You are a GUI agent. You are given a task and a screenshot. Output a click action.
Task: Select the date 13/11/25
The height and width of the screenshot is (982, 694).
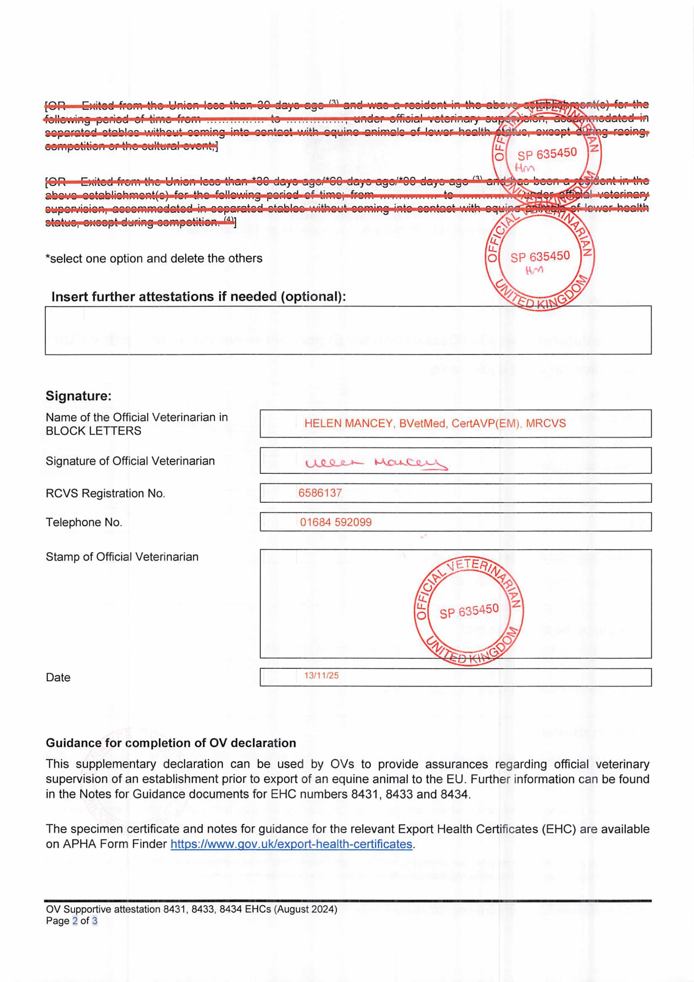pos(321,675)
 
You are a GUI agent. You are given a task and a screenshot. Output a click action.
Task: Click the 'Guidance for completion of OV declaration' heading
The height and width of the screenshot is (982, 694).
pos(171,743)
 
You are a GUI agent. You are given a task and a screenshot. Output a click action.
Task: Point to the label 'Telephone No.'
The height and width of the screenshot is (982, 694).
pos(84,522)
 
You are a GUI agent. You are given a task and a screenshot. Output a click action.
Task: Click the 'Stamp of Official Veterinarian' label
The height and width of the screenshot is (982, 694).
pos(122,557)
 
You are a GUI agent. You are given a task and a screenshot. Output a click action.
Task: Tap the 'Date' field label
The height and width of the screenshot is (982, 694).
pos(58,677)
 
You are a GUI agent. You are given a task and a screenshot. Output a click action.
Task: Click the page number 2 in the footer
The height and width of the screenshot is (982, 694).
pos(75,921)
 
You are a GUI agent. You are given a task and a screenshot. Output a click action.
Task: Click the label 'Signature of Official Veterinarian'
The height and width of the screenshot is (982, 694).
pos(130,461)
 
